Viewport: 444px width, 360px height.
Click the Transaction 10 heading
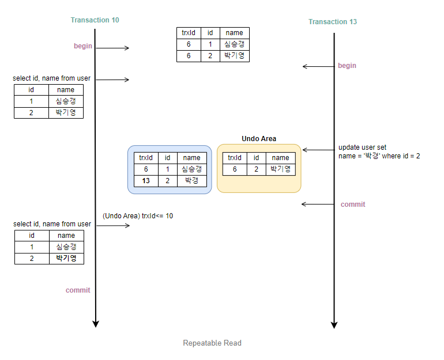tap(95, 20)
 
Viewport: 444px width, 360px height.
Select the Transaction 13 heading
tap(333, 22)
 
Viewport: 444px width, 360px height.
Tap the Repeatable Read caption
tap(212, 343)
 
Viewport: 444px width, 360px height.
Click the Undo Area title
tap(259, 139)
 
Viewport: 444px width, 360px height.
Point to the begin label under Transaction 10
tap(83, 46)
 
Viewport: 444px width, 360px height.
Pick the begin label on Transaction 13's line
tap(347, 66)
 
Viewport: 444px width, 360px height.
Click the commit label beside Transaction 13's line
tap(353, 204)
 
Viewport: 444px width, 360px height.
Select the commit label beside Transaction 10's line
tap(78, 290)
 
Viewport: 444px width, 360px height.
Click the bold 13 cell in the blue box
tap(146, 181)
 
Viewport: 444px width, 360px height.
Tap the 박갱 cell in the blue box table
tap(191, 181)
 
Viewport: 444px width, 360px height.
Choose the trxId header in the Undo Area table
tap(235, 158)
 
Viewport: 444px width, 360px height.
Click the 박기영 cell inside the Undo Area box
tap(280, 169)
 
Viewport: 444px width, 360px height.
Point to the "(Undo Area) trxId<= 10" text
tap(138, 216)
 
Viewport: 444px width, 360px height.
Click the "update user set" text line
tap(362, 147)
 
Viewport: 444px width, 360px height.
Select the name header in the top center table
tap(234, 33)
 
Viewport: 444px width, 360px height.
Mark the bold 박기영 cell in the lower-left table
tap(66, 258)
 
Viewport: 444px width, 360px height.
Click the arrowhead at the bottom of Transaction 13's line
tap(334, 325)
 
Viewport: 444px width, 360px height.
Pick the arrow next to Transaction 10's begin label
tap(112, 48)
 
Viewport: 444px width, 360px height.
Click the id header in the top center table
tap(210, 33)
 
